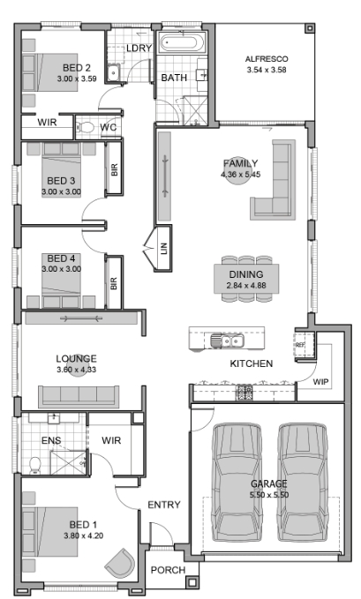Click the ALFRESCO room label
pos(267,59)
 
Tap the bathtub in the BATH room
pos(182,42)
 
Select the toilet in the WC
pos(85,127)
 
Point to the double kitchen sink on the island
pos(227,340)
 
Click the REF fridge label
pos(300,345)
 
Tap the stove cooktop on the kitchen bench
pos(244,393)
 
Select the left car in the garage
pos(237,482)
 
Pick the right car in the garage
pos(303,482)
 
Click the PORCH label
pos(168,570)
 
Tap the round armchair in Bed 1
pos(120,562)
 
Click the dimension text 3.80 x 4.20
pos(83,536)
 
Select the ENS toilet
pos(35,465)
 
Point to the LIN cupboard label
pos(164,249)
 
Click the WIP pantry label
pos(320,382)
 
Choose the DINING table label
pos(246,274)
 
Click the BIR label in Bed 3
pos(115,169)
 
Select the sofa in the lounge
pos(79,396)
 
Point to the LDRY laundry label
pos(139,49)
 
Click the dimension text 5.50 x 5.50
pos(269,495)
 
